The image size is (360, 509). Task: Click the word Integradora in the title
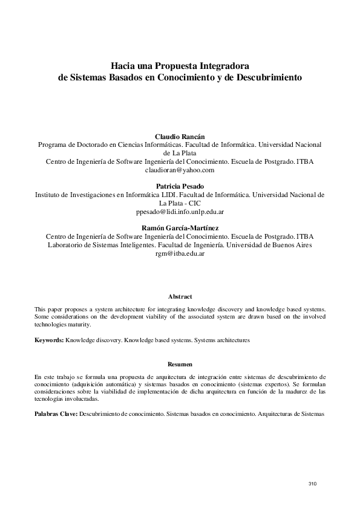point(220,66)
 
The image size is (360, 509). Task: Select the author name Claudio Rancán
point(180,137)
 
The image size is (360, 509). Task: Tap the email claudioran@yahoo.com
point(180,170)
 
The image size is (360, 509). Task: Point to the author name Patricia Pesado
point(180,187)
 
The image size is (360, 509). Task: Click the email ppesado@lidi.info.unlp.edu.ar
point(180,212)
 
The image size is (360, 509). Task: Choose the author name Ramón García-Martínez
point(180,228)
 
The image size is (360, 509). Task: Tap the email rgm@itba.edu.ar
point(180,254)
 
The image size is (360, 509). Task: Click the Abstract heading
point(180,297)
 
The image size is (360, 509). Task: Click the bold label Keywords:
point(49,341)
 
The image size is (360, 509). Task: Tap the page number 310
point(312,484)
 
